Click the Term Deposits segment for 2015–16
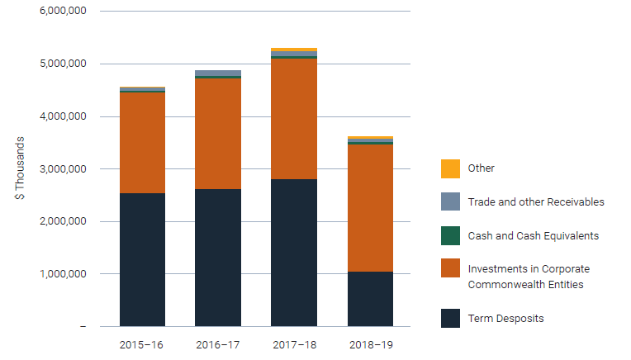coord(142,259)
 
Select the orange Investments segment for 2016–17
coord(218,134)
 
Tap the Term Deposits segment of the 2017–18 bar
coord(293,252)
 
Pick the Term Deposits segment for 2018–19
coord(370,298)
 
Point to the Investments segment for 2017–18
coord(293,119)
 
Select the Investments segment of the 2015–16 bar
coord(142,142)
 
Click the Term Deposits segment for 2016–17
coord(218,258)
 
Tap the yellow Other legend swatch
coord(450,168)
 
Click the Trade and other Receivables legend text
coord(536,201)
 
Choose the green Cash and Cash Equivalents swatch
coord(450,235)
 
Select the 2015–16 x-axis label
coord(142,343)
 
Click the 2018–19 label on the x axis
coord(370,343)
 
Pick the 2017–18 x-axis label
coord(293,343)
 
